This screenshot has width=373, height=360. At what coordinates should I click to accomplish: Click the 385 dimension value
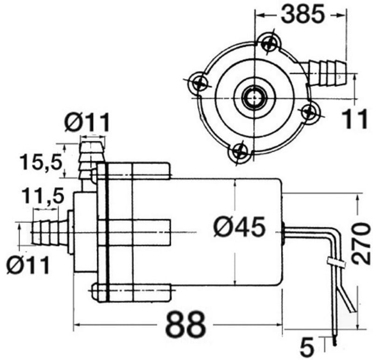[303, 14]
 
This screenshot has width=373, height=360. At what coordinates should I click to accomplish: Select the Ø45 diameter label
[239, 227]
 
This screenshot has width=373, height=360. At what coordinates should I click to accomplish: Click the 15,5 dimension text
[41, 162]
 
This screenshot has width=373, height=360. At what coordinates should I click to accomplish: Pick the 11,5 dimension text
[43, 195]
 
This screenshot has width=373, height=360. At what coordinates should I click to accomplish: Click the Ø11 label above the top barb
[87, 122]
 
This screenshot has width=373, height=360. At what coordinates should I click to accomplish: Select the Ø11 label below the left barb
[28, 265]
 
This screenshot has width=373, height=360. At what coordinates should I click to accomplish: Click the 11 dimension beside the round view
[354, 119]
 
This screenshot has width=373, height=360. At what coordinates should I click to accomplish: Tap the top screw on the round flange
[270, 43]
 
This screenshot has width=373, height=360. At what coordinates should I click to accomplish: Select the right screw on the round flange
[310, 111]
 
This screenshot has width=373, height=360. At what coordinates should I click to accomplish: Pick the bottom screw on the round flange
[240, 152]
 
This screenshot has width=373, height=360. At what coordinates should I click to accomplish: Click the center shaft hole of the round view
[254, 97]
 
